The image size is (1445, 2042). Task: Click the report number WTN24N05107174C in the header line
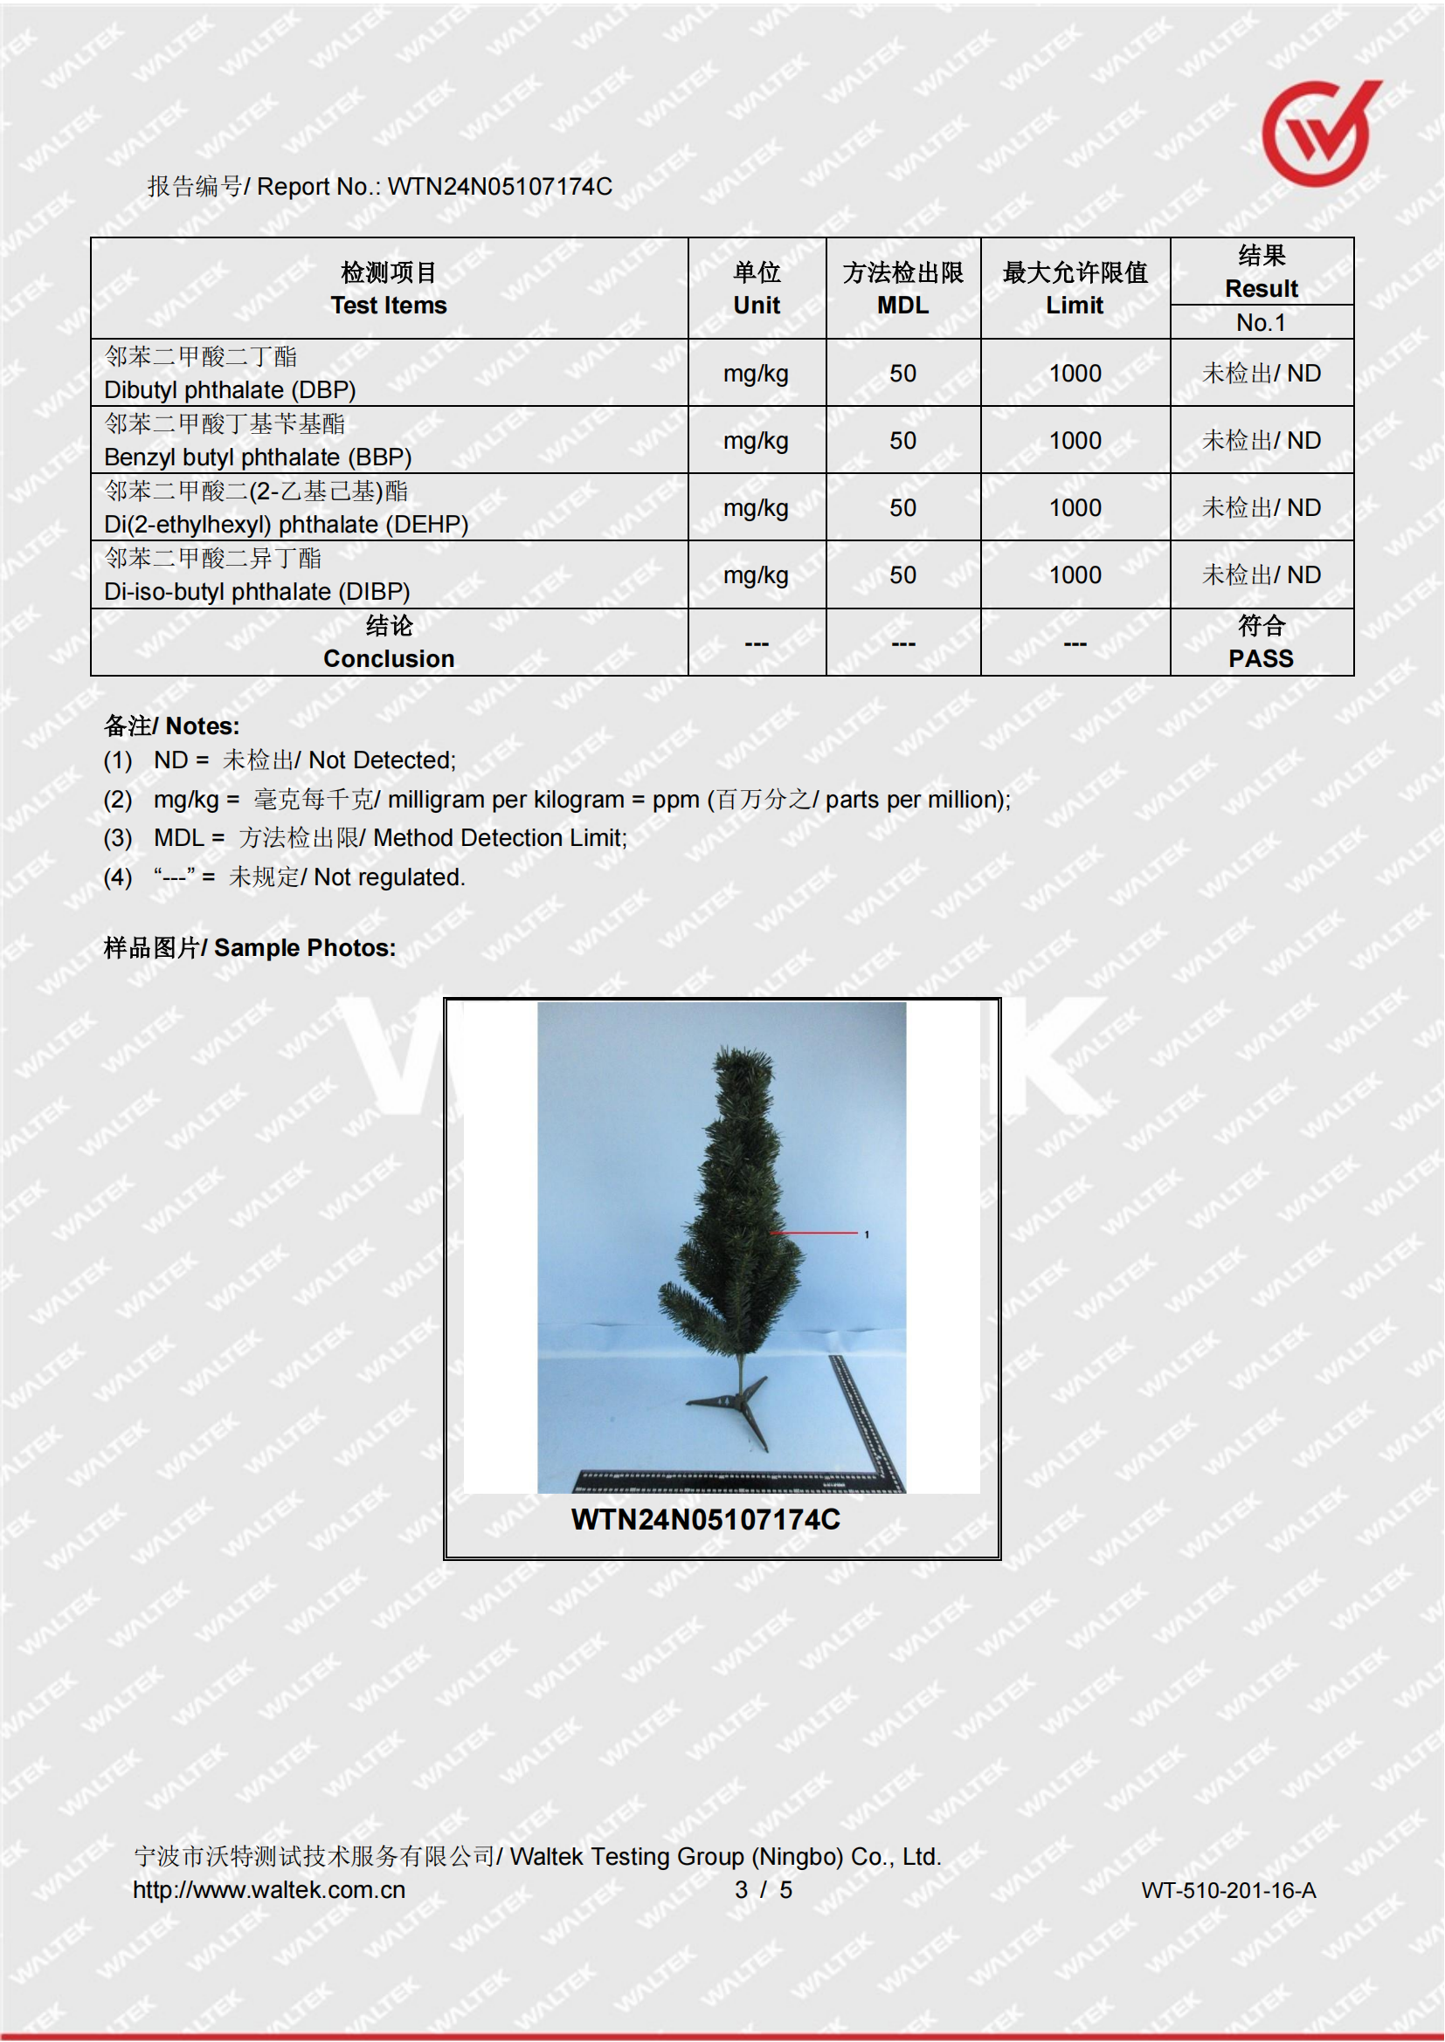(499, 187)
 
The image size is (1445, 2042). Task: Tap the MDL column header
(902, 305)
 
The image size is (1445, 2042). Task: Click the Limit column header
(1074, 305)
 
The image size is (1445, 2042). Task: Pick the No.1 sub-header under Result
(1261, 322)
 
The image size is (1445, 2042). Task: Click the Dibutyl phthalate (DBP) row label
(230, 389)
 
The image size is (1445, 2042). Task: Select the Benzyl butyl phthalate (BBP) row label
(257, 457)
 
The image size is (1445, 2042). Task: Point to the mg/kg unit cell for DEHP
(756, 508)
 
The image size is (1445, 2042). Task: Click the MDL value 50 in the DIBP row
(902, 575)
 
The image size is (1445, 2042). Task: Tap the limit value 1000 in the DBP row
(1074, 374)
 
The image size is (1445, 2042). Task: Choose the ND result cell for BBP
(1261, 440)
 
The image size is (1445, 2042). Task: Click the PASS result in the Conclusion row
(1261, 658)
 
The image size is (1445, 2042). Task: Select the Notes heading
(172, 725)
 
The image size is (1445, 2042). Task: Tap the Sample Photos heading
(250, 948)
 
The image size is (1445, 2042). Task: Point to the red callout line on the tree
(814, 1233)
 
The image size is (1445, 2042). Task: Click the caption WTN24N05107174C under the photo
(706, 1520)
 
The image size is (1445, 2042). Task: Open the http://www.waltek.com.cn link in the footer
(269, 1890)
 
